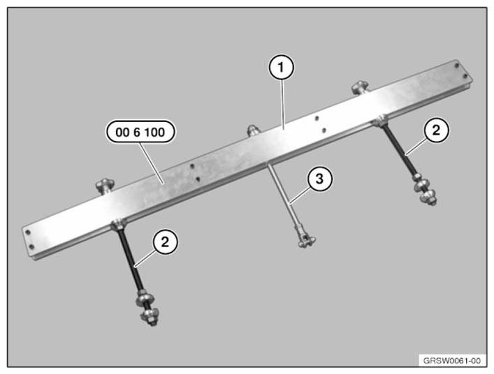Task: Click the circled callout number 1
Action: pyautogui.click(x=281, y=67)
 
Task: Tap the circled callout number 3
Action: pyautogui.click(x=319, y=179)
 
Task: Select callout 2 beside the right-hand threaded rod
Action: pyautogui.click(x=436, y=130)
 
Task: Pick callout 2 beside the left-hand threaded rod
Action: pyautogui.click(x=165, y=242)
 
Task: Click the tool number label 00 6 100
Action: pyautogui.click(x=140, y=132)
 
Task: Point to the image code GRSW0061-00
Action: pyautogui.click(x=452, y=361)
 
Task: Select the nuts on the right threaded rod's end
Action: pyautogui.click(x=426, y=190)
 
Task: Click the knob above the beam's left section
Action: pyautogui.click(x=106, y=186)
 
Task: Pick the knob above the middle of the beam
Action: pyautogui.click(x=253, y=130)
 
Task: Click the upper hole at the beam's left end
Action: pyautogui.click(x=28, y=232)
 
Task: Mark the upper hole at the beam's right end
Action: pyautogui.click(x=456, y=66)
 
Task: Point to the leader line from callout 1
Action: pyautogui.click(x=283, y=104)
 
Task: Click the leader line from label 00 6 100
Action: pyautogui.click(x=152, y=163)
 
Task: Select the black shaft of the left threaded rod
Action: pyautogui.click(x=129, y=260)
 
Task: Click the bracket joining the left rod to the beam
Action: pyautogui.click(x=119, y=224)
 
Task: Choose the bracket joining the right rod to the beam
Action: pyautogui.click(x=380, y=121)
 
